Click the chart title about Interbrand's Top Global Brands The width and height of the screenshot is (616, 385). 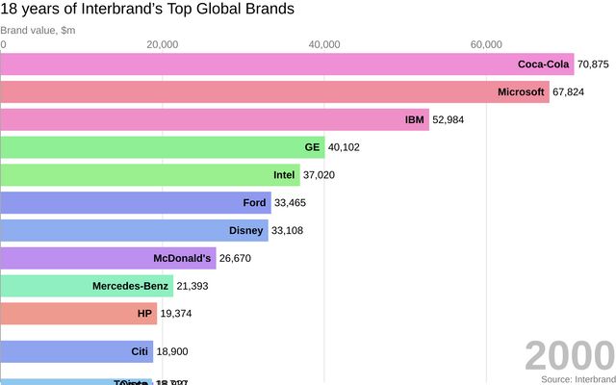[147, 10]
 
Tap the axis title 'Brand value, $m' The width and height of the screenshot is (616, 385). [39, 30]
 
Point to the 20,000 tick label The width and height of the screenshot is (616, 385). [163, 44]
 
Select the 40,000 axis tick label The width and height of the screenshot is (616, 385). [324, 44]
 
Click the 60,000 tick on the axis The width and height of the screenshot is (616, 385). [486, 44]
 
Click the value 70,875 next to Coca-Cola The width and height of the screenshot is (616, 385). [594, 64]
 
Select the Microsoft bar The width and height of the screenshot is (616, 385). [274, 92]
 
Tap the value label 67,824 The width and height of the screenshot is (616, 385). [572, 92]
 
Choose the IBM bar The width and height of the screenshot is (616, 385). [214, 120]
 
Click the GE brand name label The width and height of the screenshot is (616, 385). [312, 147]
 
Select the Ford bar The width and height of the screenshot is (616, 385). [135, 203]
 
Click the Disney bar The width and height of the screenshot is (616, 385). [134, 231]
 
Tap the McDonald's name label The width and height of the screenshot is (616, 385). [182, 258]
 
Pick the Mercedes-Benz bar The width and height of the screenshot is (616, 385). [87, 286]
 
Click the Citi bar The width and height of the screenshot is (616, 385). [76, 351]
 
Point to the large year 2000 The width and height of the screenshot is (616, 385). [569, 356]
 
